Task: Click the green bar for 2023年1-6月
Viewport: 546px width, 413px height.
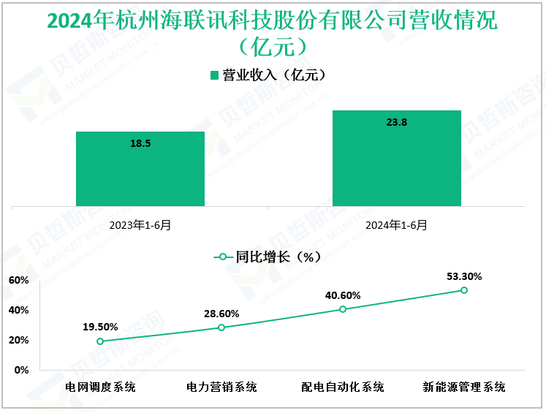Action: [140, 168]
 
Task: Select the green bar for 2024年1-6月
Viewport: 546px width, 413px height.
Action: [396, 158]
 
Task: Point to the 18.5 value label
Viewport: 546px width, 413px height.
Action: [140, 144]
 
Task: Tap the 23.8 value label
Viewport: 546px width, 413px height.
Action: [396, 123]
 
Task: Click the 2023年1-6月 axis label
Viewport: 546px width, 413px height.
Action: [140, 225]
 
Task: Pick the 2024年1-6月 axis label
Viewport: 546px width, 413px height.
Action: [397, 225]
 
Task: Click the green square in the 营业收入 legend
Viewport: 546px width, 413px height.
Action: [214, 75]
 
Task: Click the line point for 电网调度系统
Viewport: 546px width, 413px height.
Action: [100, 341]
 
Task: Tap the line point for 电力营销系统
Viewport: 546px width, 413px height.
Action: [221, 327]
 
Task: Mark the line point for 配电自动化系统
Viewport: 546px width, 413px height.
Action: [343, 309]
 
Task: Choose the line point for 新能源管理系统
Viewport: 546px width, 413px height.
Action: [464, 290]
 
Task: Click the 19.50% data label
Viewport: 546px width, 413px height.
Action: [100, 327]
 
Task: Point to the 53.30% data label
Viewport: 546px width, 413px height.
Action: [464, 276]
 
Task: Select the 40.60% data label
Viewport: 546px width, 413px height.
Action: [343, 295]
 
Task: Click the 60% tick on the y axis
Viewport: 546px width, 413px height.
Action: [19, 281]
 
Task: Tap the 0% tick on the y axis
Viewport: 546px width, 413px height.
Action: [21, 370]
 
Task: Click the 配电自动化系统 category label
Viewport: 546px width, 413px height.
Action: [343, 387]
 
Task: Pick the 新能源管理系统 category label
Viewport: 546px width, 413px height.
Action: [464, 387]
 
